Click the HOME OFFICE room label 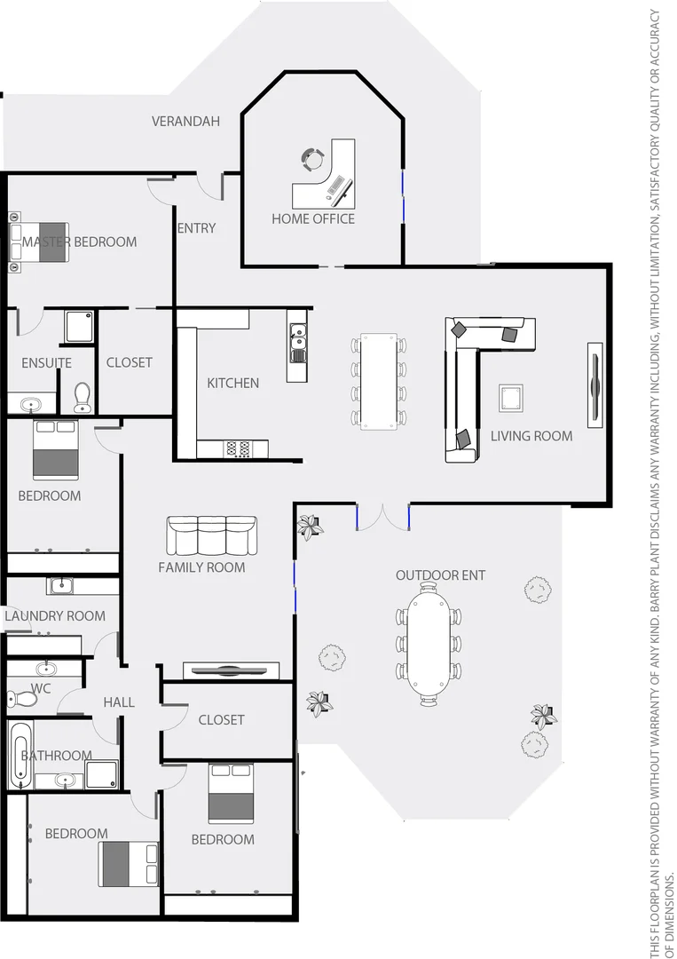[x=312, y=218]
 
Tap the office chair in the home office [x=313, y=159]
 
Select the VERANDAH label [x=185, y=121]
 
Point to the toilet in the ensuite [x=83, y=397]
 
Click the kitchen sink [x=297, y=337]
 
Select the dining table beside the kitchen [x=379, y=381]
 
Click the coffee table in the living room [x=511, y=398]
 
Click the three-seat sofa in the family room [x=211, y=535]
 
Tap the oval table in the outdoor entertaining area [x=429, y=642]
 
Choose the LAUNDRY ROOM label [x=55, y=615]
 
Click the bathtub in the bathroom [x=20, y=756]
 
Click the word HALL [x=118, y=702]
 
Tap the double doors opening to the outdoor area [x=382, y=517]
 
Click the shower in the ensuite [x=79, y=326]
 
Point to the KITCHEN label [x=232, y=383]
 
